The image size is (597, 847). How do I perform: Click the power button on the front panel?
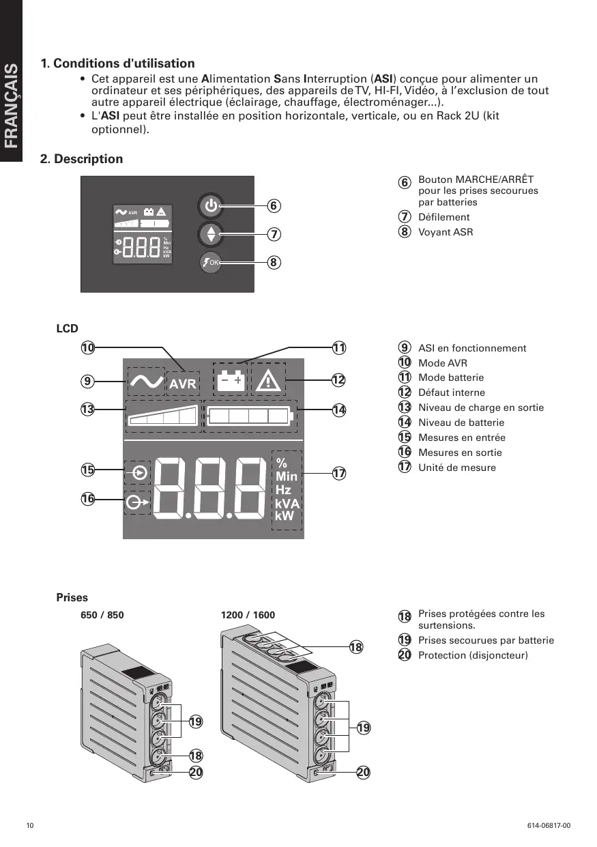211,205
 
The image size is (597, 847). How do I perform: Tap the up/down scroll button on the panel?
211,234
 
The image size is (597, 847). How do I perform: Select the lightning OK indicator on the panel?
211,262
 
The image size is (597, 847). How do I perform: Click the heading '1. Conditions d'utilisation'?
117,63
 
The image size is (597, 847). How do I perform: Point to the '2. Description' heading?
82,159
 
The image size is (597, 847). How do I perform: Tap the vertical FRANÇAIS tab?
12,106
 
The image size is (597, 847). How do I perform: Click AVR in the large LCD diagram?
183,384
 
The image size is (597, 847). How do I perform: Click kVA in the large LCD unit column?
287,504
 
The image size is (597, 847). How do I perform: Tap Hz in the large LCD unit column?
283,490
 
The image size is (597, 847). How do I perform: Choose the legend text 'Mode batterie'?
450,377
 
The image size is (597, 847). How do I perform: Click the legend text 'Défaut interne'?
451,392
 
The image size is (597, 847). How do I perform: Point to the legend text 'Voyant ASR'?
445,232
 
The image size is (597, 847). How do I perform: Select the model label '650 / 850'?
102,615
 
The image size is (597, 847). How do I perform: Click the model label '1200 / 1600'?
248,615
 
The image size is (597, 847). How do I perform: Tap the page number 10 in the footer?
29,826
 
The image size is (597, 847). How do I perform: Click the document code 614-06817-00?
549,826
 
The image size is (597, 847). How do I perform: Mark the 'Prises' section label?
72,597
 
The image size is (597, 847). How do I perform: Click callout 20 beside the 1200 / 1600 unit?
363,772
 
